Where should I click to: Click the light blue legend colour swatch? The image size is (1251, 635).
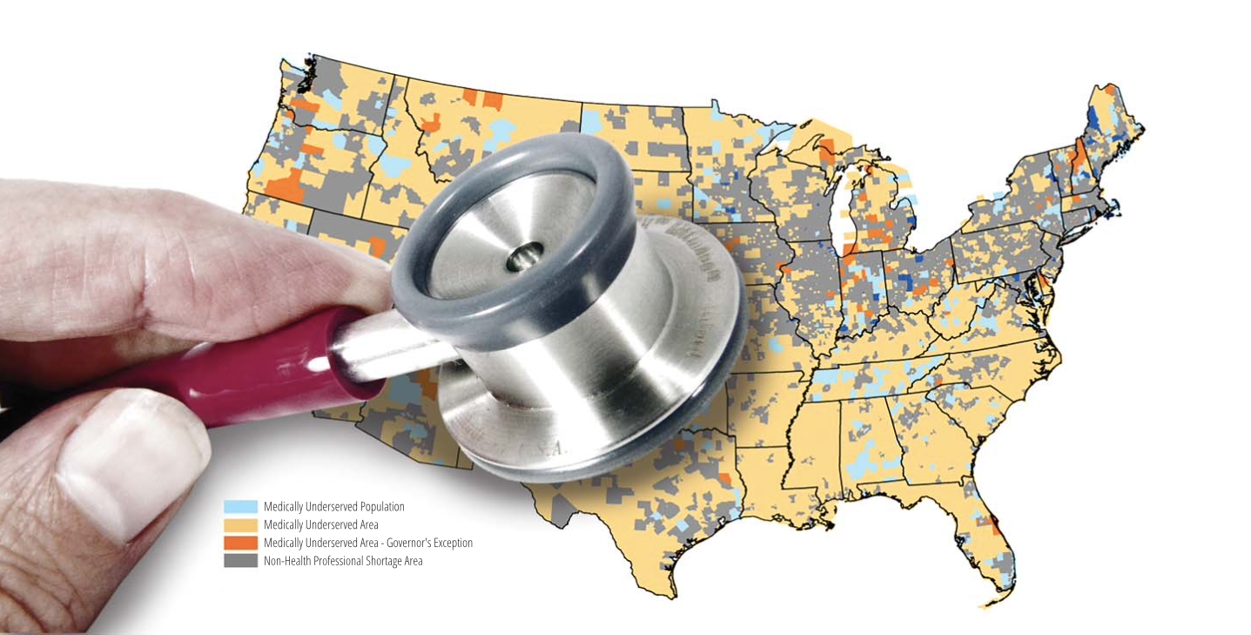coord(241,506)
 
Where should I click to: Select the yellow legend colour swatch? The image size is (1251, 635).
coord(241,524)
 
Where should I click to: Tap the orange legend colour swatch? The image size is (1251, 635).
coord(241,543)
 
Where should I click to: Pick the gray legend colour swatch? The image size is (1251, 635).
coord(241,561)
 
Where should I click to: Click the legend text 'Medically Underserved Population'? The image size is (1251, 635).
coord(333,506)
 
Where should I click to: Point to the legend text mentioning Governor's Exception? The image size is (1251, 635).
coord(367,543)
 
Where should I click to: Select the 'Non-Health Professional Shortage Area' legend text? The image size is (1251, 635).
coord(343,561)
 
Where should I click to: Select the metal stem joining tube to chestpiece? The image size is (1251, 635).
coord(383,348)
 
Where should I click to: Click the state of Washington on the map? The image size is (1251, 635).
coord(340,96)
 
